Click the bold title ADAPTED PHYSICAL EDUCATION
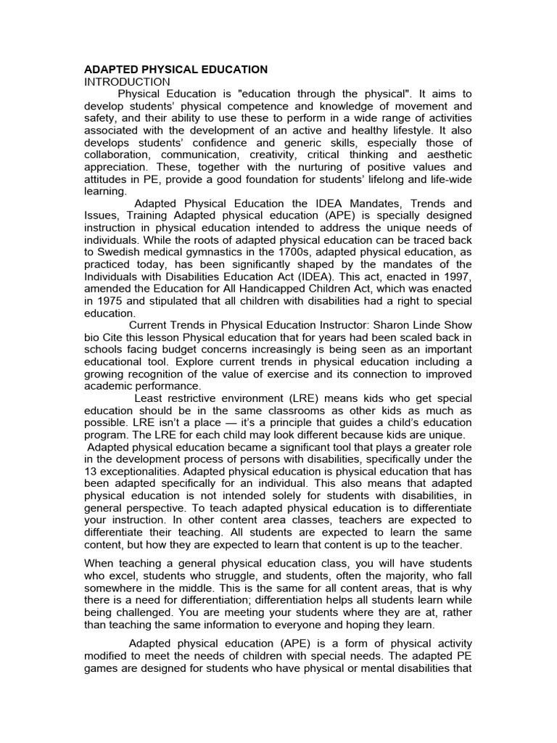pyautogui.click(x=176, y=70)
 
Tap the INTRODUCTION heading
pyautogui.click(x=128, y=82)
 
